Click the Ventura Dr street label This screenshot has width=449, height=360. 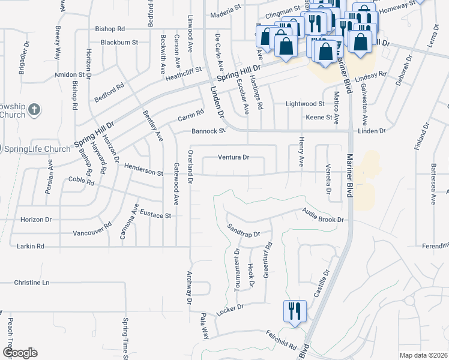[x=233, y=158]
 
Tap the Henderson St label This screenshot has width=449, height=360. [x=143, y=173]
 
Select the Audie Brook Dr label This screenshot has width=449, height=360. [x=322, y=215]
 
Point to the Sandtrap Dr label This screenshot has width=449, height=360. [x=243, y=230]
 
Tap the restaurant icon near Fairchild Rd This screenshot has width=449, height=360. [x=295, y=311]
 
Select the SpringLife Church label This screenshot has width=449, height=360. [x=41, y=149]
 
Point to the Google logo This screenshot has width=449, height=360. [x=20, y=353]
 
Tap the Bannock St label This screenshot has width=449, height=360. [x=208, y=131]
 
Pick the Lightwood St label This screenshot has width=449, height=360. [x=304, y=104]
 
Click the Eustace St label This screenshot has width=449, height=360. [x=155, y=214]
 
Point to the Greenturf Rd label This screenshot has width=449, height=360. [x=268, y=259]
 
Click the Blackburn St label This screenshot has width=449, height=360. [x=119, y=43]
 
